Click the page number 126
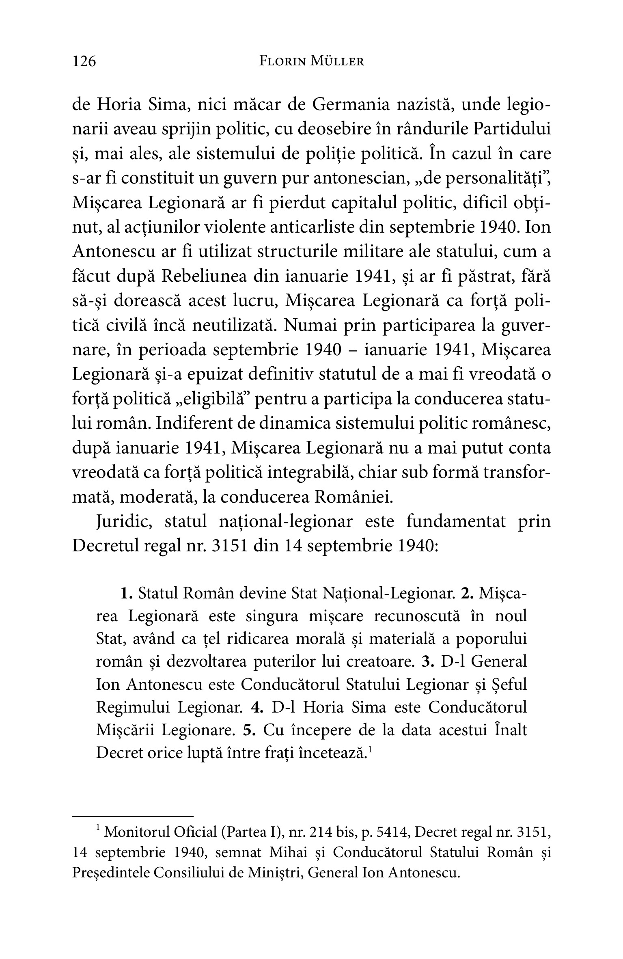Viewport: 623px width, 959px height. click(84, 61)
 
